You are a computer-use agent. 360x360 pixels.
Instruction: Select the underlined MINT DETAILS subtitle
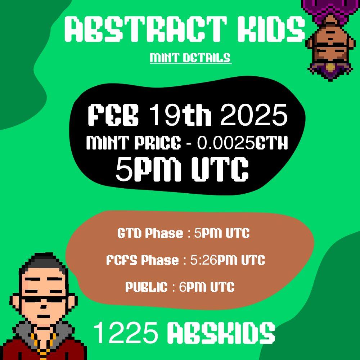click(190, 58)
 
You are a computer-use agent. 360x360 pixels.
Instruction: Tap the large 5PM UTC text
click(182, 169)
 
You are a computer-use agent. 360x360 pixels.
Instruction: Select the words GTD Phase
click(150, 233)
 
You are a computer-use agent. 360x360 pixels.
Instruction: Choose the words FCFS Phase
click(143, 260)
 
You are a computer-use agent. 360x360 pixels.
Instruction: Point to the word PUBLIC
click(147, 287)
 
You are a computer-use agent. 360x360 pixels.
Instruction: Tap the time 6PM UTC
click(204, 287)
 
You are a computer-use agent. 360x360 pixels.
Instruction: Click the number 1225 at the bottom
click(126, 333)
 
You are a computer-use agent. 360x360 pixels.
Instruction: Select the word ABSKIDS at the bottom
click(221, 333)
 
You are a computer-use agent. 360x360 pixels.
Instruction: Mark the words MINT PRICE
click(134, 144)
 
